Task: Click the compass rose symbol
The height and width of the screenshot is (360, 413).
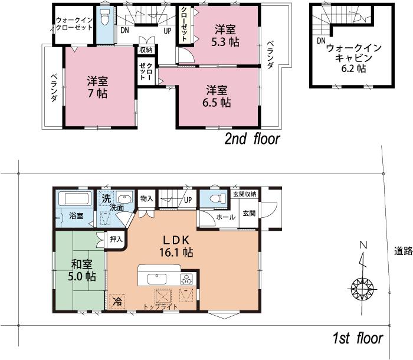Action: click(362, 289)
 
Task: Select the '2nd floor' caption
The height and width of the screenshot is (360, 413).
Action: click(252, 139)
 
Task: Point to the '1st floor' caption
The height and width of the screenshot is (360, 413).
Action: click(358, 339)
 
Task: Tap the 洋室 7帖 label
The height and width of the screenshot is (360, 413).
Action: click(98, 87)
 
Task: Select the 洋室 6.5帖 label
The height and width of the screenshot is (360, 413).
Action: click(218, 96)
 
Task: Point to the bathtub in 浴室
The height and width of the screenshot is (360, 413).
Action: click(74, 199)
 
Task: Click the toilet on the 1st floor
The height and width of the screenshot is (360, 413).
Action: click(216, 199)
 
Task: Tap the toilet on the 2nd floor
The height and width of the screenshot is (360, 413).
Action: click(104, 18)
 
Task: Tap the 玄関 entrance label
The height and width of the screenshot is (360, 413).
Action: click(248, 213)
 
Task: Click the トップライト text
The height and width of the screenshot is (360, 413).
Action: click(160, 307)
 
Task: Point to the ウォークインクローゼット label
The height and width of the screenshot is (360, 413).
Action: click(73, 24)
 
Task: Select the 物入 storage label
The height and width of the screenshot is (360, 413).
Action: click(147, 199)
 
